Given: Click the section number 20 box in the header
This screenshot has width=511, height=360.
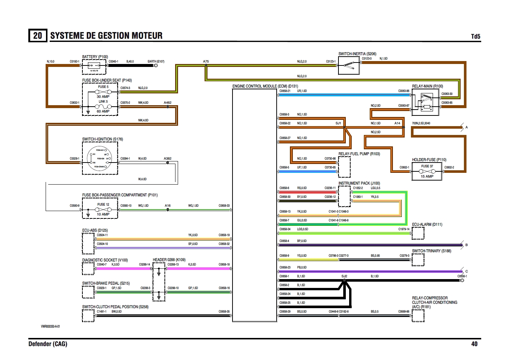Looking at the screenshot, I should pyautogui.click(x=38, y=36).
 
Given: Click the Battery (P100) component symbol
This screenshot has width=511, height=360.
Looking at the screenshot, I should pyautogui.click(x=94, y=67).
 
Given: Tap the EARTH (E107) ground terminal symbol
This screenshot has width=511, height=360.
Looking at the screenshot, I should pyautogui.click(x=156, y=65).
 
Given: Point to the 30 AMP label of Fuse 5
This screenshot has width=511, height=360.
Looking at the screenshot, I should pyautogui.click(x=103, y=97).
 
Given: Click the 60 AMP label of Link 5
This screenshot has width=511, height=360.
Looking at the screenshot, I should pyautogui.click(x=103, y=111).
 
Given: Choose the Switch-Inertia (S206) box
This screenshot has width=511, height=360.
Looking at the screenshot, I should pyautogui.click(x=348, y=65).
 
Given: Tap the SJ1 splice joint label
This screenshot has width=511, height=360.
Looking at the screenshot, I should pyautogui.click(x=338, y=123).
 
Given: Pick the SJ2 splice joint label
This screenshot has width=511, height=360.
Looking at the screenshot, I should pyautogui.click(x=344, y=276).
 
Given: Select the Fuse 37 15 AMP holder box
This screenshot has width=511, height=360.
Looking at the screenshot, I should pyautogui.click(x=427, y=171).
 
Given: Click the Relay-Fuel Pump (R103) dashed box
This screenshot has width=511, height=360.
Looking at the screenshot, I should pyautogui.click(x=344, y=167).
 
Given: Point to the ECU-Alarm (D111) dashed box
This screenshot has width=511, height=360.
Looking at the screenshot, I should pyautogui.click(x=418, y=233).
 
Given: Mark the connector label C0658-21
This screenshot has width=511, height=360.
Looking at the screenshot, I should pyautogui.click(x=285, y=91).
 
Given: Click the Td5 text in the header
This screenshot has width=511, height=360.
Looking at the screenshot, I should pyautogui.click(x=475, y=36).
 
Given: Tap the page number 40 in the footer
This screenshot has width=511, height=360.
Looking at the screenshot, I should pyautogui.click(x=474, y=344).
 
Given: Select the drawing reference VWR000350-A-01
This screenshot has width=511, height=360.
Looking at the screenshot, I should pyautogui.click(x=50, y=327).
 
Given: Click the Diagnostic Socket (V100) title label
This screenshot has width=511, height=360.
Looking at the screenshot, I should pyautogui.click(x=105, y=260).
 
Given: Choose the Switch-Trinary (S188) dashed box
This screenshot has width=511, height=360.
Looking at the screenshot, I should pyautogui.click(x=418, y=260).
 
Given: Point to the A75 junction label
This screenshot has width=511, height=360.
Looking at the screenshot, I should pyautogui.click(x=206, y=61).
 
